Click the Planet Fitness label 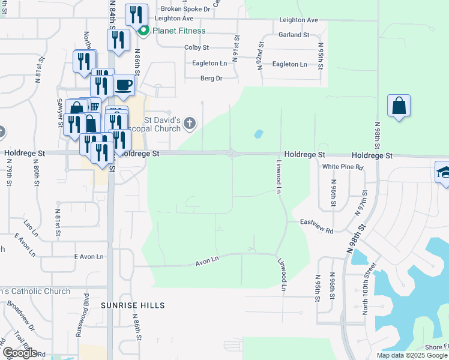pos(178,31)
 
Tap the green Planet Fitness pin pos(143,31)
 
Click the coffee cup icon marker pos(124,85)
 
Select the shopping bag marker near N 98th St pos(399,106)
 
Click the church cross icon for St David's pos(190,124)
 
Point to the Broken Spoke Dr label pos(185,9)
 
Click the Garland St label pos(294,35)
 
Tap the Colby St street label pos(196,47)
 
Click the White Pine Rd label pos(343,167)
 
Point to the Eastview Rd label pos(317,229)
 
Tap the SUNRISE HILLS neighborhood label pos(136,305)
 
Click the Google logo pos(20,353)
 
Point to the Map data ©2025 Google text pos(411,355)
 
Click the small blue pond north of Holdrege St pos(258,134)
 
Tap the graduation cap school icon pos(442,172)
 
